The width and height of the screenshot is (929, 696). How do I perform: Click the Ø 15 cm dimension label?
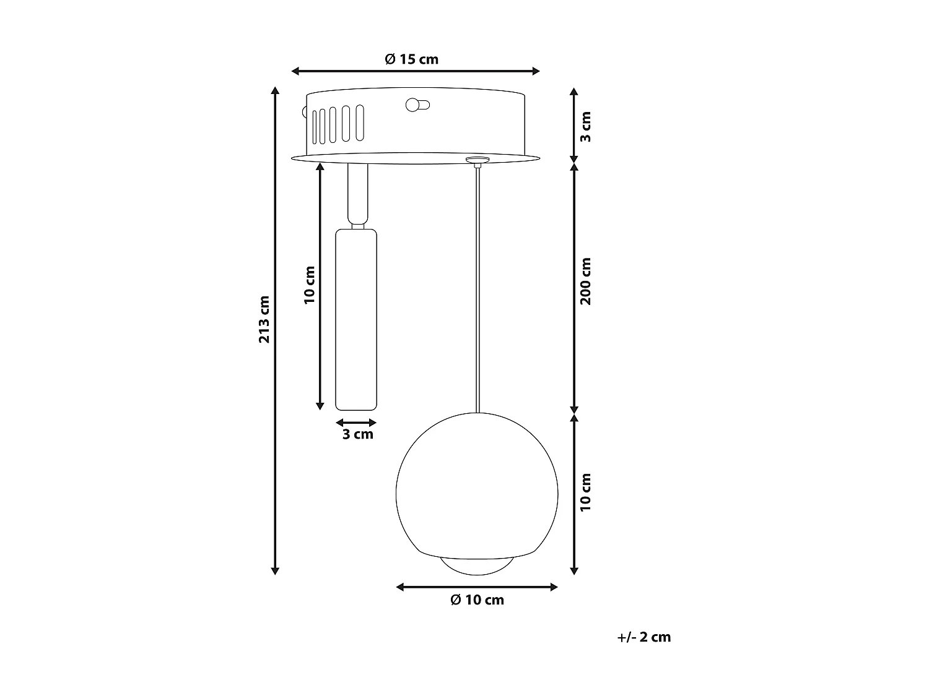click(411, 59)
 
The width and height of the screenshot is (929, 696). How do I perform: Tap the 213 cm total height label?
click(264, 319)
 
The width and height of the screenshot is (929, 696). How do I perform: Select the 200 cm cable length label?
click(586, 281)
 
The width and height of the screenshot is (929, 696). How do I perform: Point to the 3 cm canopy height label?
click(586, 126)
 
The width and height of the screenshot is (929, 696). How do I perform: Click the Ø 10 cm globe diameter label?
click(477, 600)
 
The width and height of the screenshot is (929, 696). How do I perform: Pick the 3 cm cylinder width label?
click(358, 434)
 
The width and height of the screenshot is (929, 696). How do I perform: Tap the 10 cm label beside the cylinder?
click(310, 285)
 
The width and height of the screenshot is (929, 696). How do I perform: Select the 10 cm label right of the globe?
click(586, 492)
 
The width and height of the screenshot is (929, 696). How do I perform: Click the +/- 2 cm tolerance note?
click(643, 637)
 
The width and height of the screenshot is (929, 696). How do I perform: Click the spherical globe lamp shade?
click(477, 483)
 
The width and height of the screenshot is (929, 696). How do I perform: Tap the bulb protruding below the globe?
click(477, 564)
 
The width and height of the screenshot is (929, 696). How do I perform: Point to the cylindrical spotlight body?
click(356, 319)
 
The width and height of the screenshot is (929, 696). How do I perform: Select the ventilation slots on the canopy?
click(338, 126)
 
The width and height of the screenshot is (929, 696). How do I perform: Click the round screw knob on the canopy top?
click(414, 105)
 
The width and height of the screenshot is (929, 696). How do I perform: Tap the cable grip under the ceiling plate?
click(476, 161)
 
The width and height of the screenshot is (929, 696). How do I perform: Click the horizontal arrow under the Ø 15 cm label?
click(415, 71)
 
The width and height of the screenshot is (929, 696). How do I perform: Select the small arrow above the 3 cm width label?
click(356, 423)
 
